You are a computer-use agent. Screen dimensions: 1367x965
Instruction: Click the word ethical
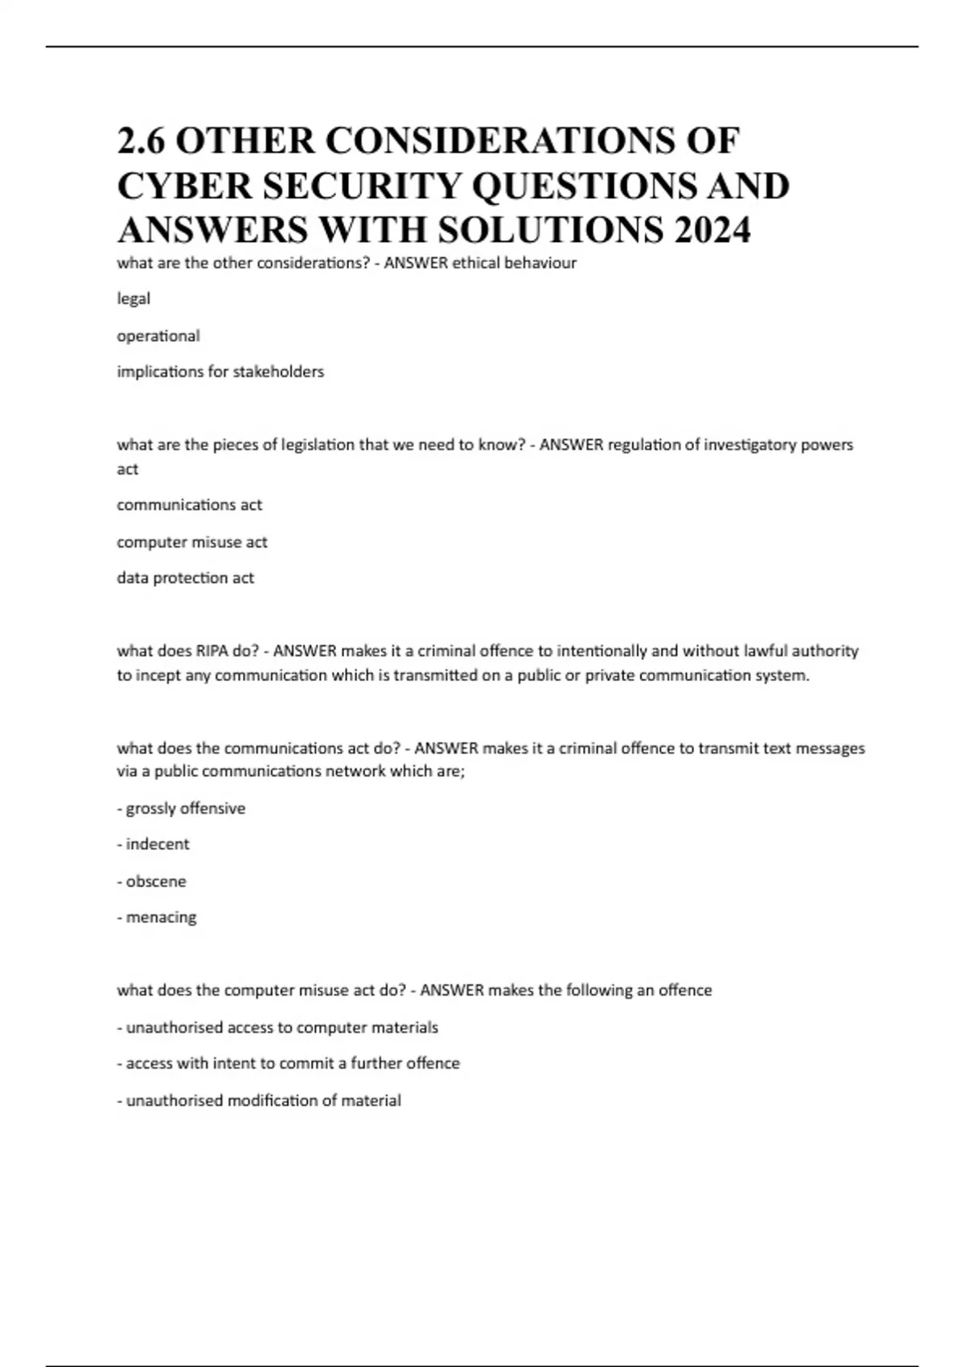[x=475, y=263]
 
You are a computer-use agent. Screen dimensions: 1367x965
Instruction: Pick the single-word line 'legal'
[x=133, y=298]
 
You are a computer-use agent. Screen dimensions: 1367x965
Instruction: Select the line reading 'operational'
[x=158, y=336]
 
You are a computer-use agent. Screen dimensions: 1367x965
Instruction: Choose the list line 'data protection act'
[x=185, y=578]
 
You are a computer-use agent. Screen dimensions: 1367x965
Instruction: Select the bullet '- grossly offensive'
[x=181, y=808]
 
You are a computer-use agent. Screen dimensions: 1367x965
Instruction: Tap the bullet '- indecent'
[x=153, y=844]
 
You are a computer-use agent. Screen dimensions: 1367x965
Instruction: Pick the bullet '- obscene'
[x=151, y=881]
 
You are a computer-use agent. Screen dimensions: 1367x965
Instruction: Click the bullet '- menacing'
[x=157, y=917]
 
